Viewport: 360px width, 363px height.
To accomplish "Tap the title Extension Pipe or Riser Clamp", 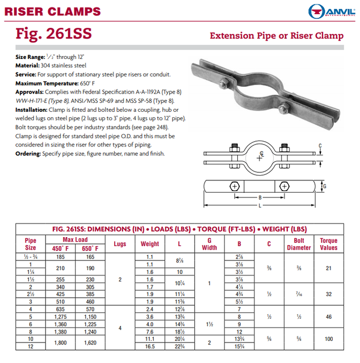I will (x=277, y=36).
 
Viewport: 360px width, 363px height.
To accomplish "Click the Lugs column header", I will (x=120, y=244).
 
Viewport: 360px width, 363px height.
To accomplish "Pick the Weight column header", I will (x=150, y=244).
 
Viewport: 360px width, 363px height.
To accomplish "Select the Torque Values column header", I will (x=328, y=244).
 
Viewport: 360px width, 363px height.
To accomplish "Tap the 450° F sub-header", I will (x=61, y=248).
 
